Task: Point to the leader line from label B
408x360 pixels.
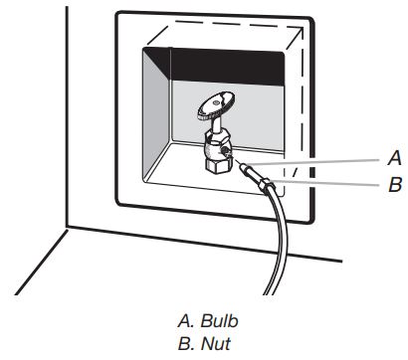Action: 328,182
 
